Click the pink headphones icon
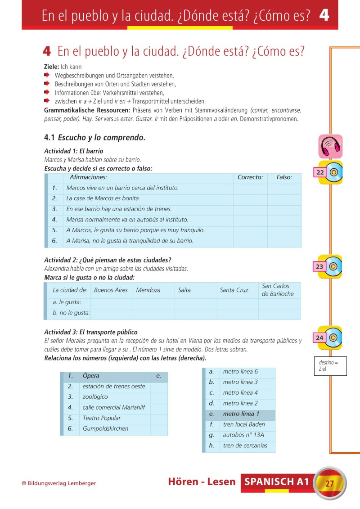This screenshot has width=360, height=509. coord(330,146)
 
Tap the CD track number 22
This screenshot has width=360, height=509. coord(320,172)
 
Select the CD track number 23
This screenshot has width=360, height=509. coord(319,266)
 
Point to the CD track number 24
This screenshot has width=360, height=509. coord(319,338)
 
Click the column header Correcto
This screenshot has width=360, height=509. coord(250,177)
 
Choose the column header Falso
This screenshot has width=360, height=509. coord(284,177)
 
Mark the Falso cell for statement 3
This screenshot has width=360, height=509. coord(284,209)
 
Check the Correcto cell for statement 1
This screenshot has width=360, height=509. coord(250,188)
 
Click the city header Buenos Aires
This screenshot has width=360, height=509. coord(111,290)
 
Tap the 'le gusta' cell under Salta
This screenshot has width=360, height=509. coord(195,303)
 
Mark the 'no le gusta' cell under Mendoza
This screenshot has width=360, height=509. coord(153,314)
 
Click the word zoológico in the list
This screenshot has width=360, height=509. coord(95,397)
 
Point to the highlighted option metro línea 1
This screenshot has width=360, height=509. coord(241,414)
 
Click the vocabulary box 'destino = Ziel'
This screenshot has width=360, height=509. coord(330,366)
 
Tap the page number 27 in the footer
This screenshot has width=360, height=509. coord(329,484)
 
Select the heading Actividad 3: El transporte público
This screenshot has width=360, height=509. coord(91,332)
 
